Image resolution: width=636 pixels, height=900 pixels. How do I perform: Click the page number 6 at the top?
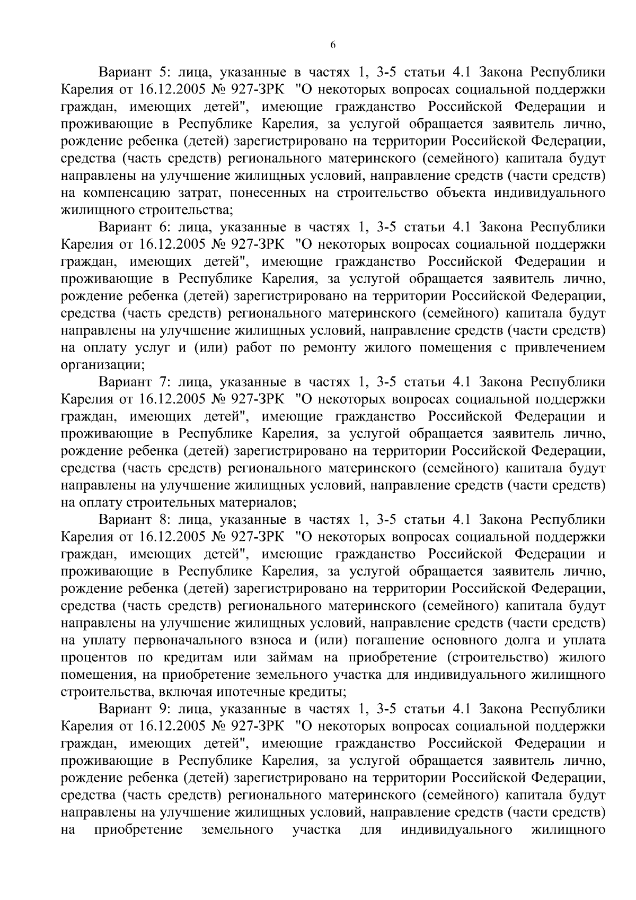click(x=332, y=45)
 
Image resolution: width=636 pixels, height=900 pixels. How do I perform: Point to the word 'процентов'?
click(x=94, y=658)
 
